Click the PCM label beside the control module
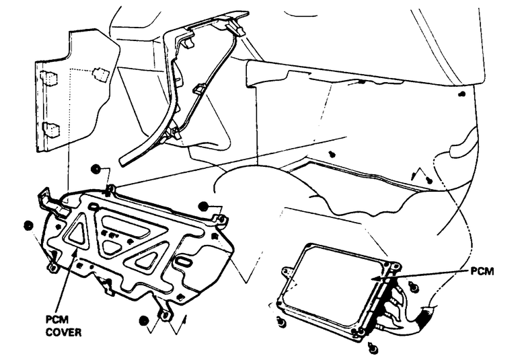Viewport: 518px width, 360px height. (482, 272)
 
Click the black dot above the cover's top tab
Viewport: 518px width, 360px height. (96, 170)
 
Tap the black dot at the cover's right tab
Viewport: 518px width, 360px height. (204, 207)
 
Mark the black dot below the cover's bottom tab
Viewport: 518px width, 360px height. (144, 322)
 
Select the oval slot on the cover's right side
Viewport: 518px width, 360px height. (183, 260)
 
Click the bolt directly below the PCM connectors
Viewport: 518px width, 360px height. (374, 349)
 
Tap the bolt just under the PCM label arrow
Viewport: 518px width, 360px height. (414, 287)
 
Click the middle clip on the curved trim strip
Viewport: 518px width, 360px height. (199, 88)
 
